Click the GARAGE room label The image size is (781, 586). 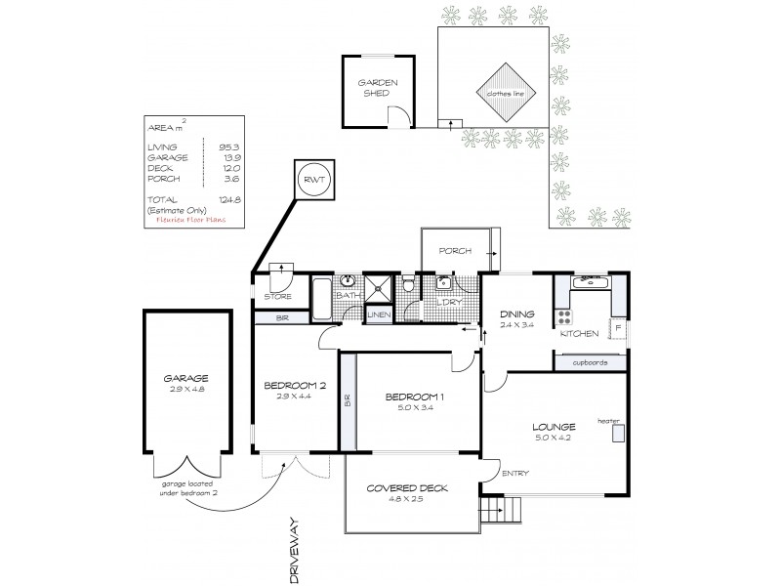187,378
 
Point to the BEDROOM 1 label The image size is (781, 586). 416,396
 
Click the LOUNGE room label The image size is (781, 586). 555,426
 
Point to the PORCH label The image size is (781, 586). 455,251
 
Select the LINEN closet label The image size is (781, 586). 377,314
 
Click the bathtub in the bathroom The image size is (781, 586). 322,299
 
